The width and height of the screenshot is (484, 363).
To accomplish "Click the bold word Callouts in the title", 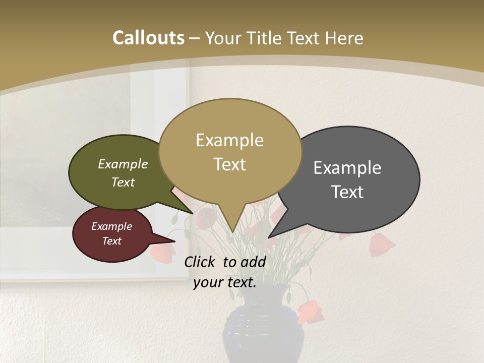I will point(148,38).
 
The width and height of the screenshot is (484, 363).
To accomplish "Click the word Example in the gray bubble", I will point(347,167).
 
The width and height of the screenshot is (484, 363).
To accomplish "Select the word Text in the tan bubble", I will point(230,164).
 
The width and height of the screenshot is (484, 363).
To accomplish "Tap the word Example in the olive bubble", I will point(123,164).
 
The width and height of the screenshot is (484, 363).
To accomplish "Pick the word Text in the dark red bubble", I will point(112,241).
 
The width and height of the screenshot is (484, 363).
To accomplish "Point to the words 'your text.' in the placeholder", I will point(225,282).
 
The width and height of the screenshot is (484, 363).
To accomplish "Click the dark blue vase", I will point(263,330).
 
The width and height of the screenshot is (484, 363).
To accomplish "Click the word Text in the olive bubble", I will point(123,182).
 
